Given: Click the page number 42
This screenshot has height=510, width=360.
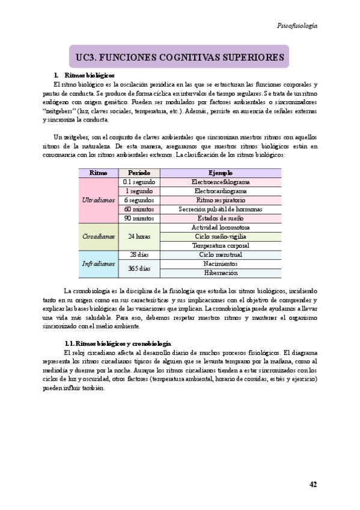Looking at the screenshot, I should (x=313, y=484).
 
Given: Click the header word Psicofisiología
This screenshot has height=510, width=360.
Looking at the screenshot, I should (x=297, y=26).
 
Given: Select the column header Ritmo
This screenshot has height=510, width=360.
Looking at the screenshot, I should (x=98, y=173).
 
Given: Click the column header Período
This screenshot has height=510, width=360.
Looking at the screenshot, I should (x=139, y=173).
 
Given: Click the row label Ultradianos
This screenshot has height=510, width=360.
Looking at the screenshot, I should (x=98, y=200).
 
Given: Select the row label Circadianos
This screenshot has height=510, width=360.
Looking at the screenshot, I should (x=98, y=236).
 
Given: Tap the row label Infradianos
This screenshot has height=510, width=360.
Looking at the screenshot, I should (x=98, y=263).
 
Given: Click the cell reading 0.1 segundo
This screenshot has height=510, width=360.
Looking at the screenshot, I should (x=139, y=182).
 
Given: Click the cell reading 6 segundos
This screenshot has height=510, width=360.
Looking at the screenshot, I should (x=139, y=200).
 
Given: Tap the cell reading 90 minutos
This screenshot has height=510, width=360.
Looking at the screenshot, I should (x=139, y=218).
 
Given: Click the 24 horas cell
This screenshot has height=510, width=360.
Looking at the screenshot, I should (x=139, y=236).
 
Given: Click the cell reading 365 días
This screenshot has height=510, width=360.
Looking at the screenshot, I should (x=139, y=268).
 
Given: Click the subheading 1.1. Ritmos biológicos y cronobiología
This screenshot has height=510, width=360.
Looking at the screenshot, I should (x=117, y=342).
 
